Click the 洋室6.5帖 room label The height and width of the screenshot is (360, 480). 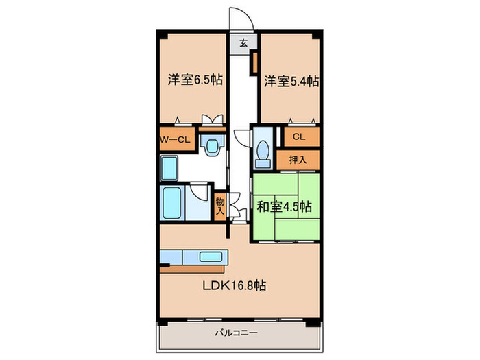click(195, 80)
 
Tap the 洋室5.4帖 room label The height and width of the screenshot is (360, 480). click(291, 82)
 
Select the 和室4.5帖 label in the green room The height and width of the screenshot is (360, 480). click(285, 206)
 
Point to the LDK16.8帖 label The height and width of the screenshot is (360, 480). click(235, 285)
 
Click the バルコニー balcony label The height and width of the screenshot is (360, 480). click(236, 333)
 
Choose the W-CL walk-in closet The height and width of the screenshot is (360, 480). click(177, 140)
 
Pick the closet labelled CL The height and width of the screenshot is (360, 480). click(302, 136)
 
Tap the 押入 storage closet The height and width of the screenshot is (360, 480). click(298, 160)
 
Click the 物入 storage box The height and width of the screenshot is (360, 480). click(220, 206)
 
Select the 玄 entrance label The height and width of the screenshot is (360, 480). click(243, 43)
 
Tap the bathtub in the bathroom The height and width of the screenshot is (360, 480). click(171, 203)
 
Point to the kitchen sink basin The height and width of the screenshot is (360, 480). click(211, 257)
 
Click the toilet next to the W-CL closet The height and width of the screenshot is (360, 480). click(211, 145)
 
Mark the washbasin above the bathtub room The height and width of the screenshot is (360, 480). click(169, 168)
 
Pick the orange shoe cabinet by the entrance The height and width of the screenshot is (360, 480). click(254, 63)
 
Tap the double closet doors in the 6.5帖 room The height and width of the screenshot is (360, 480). click(212, 119)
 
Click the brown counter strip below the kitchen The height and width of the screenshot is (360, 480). click(192, 269)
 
